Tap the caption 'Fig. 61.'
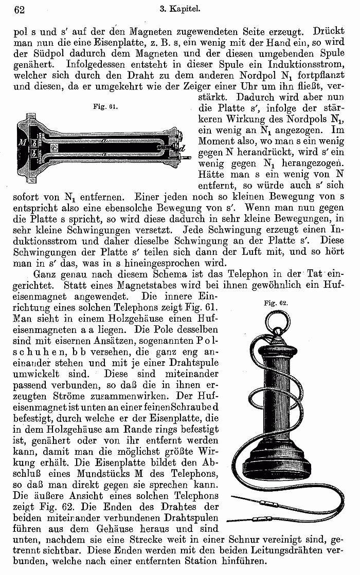[105, 106]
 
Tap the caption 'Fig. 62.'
[276, 303]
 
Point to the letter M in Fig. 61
[22, 142]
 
